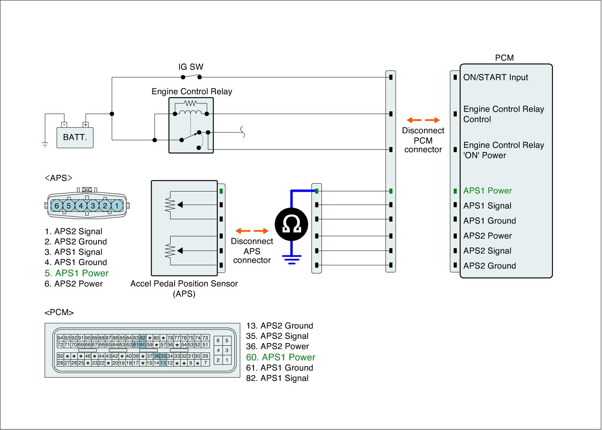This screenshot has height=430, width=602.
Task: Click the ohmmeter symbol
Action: coord(291,224)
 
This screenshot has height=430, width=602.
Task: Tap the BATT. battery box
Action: coord(75,138)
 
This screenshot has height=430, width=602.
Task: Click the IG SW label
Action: coord(191,67)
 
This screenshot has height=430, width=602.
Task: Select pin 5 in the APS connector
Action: coord(69,206)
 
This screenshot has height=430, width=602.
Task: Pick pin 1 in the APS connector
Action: coord(117,206)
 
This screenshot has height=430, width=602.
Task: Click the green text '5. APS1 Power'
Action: coord(77,273)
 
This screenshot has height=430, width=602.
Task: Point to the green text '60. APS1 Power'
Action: coord(281,357)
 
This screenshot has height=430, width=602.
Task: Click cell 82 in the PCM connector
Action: coord(143,338)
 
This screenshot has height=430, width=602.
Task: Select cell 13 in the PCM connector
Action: coord(163,363)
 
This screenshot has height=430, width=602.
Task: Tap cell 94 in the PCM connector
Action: coord(60,338)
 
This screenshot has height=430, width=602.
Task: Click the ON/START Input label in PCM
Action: coord(496,77)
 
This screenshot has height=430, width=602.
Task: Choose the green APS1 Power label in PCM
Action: coord(488,191)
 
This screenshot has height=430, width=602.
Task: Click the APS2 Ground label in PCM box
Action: coord(490,266)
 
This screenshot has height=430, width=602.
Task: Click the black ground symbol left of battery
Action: coord(45,145)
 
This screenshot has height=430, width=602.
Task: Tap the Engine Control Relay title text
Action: coord(192,92)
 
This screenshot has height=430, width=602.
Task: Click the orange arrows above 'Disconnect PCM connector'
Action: coord(423,120)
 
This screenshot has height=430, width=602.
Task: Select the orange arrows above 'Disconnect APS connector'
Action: coord(252,231)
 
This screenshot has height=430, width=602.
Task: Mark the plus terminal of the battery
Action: coord(85,125)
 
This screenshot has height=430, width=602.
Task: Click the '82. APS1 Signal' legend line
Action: coord(277,378)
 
